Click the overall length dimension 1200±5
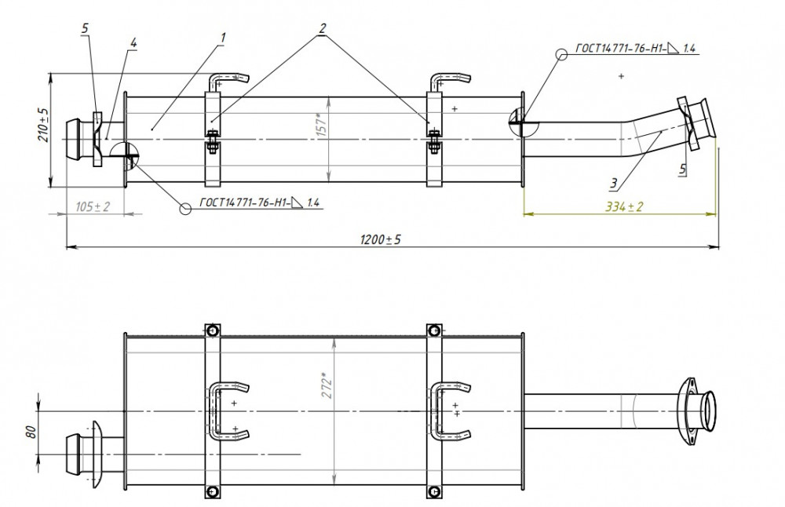(x=381, y=239)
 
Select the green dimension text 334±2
(x=624, y=206)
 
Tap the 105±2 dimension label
(x=92, y=206)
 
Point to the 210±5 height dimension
(x=43, y=125)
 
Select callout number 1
(x=223, y=38)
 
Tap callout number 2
(x=322, y=28)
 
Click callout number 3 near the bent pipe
(x=614, y=184)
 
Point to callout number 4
(x=133, y=43)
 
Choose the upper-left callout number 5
(x=85, y=28)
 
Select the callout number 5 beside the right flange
(x=682, y=170)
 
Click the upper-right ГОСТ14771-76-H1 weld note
(x=635, y=48)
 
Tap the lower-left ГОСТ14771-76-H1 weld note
(x=259, y=202)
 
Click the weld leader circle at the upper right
(x=562, y=55)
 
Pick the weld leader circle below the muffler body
(x=185, y=209)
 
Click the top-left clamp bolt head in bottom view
(x=212, y=330)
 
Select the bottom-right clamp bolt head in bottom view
(x=434, y=491)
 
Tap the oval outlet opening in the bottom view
(x=709, y=411)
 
